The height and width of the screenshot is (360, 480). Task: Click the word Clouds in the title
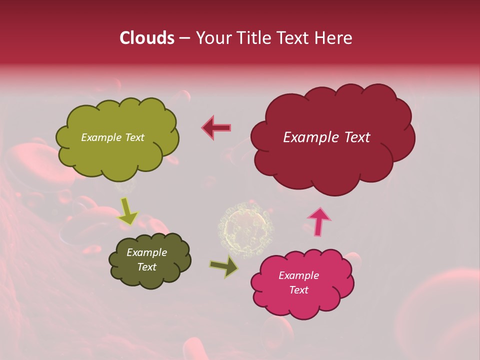coord(146,38)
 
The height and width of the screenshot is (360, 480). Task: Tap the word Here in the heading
coord(333,38)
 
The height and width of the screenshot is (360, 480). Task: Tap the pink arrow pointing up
coord(319,221)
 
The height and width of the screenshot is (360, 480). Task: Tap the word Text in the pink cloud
coord(298,290)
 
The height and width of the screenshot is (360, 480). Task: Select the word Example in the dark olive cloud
coord(146,252)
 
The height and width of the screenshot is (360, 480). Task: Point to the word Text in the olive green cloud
coord(134,137)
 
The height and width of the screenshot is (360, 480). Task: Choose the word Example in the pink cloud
coord(298,275)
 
